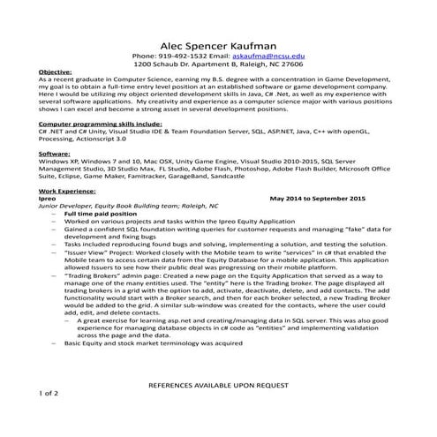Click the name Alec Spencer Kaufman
coord(218,46)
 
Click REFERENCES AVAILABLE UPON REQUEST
coord(218,386)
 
